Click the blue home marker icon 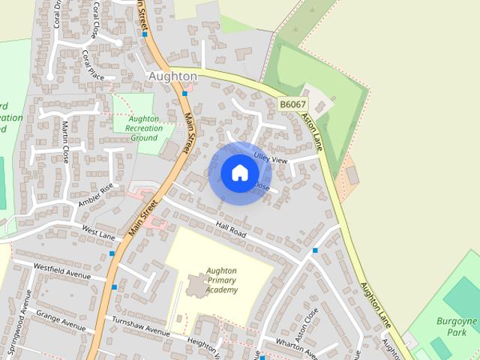239,172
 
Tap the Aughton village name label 172,76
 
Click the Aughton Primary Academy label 222,280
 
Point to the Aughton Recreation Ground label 143,128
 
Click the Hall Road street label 230,229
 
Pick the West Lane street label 98,236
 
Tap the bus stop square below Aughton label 184,94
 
